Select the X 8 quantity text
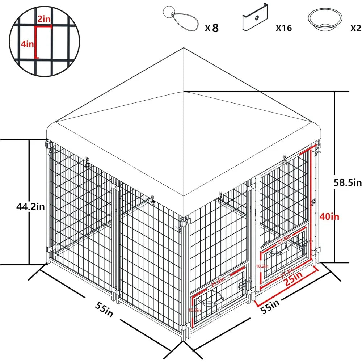(212, 28)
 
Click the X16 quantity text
(283, 28)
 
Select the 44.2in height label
(30, 207)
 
